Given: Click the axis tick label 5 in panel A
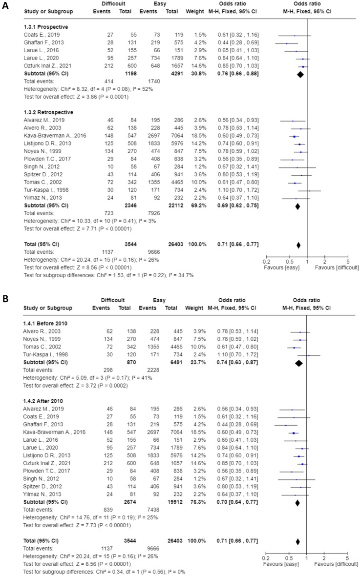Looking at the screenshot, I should coord(348,262).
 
